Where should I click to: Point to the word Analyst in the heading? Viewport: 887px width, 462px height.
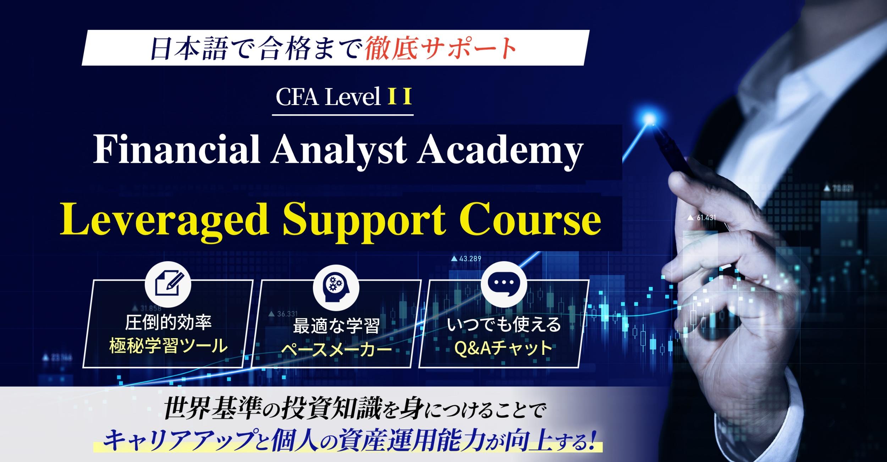[338, 151]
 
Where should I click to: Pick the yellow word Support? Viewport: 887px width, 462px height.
[364, 222]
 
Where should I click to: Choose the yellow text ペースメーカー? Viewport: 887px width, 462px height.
[336, 350]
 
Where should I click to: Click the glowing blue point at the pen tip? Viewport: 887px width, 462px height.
[650, 118]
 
